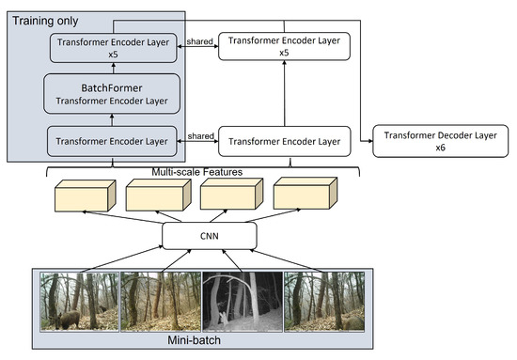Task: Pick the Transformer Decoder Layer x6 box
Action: (x=437, y=141)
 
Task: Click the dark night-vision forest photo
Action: (x=243, y=301)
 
